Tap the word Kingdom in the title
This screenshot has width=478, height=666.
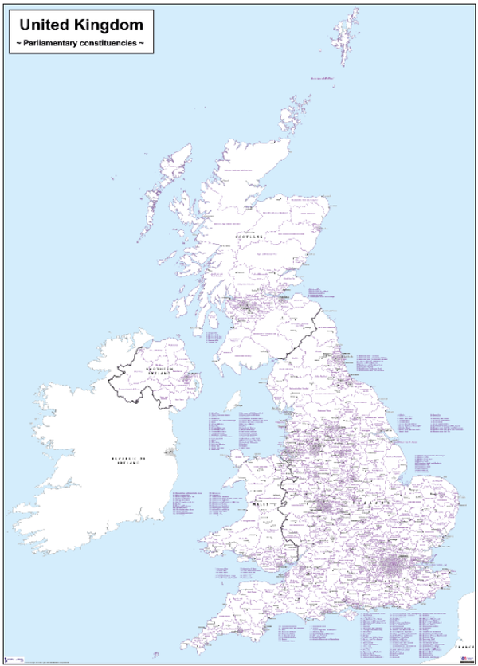coord(105,25)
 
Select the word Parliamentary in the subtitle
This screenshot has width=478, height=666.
coord(54,43)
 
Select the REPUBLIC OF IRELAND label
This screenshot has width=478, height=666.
coord(131,461)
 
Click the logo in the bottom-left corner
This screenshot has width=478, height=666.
coord(10,659)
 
